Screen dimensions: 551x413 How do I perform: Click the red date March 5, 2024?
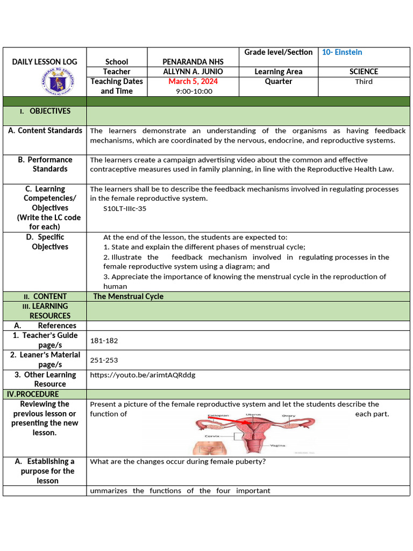click(x=193, y=81)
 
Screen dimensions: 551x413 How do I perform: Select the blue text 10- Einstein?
click(x=342, y=52)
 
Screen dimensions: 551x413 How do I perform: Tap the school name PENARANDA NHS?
click(x=193, y=62)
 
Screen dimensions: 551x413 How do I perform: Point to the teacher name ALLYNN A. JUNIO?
click(x=193, y=72)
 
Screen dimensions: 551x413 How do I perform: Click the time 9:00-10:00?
click(x=194, y=91)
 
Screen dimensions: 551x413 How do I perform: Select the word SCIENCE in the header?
click(x=364, y=72)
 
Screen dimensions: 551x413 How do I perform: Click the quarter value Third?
click(x=364, y=81)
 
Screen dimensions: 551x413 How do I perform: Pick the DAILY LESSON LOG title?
click(x=45, y=62)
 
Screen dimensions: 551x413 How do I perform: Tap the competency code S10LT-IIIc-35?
click(x=125, y=208)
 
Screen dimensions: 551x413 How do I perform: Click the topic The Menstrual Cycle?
click(x=129, y=296)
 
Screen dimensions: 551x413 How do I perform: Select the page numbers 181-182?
click(x=104, y=341)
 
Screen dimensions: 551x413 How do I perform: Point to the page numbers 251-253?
click(x=104, y=360)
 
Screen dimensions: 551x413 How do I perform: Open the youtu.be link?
click(x=143, y=375)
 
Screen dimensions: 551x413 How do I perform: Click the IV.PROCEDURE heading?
click(x=33, y=394)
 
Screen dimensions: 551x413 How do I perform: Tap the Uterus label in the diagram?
click(x=253, y=415)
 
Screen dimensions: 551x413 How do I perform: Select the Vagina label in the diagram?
click(x=277, y=446)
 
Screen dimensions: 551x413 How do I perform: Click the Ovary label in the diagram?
click(x=289, y=415)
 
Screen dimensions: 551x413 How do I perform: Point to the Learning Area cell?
click(x=278, y=72)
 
